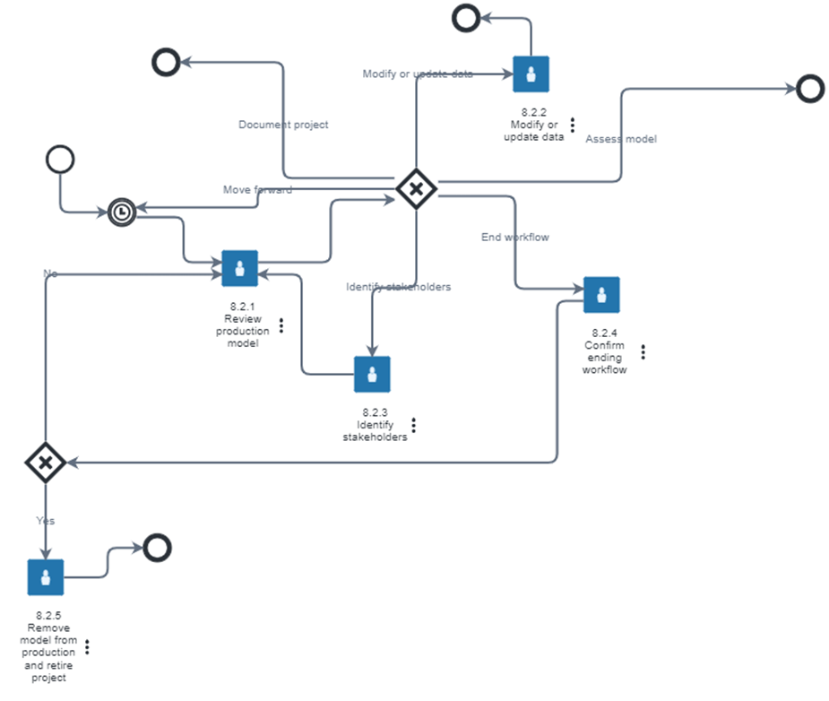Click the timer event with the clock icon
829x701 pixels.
(x=122, y=212)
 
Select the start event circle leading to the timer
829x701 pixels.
(x=59, y=160)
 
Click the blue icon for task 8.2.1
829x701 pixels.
(x=239, y=268)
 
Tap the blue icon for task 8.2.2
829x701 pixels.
(x=531, y=74)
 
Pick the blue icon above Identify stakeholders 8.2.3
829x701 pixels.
(x=372, y=374)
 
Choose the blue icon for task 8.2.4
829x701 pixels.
(x=601, y=294)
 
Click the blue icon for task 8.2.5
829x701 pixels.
(x=46, y=577)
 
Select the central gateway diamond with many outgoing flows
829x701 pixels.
(x=416, y=189)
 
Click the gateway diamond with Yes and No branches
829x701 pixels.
(x=45, y=463)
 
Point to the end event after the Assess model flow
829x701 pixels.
(x=809, y=88)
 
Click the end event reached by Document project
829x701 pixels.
(x=166, y=61)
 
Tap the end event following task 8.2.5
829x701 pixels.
(x=157, y=547)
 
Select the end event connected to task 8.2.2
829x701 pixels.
(x=465, y=17)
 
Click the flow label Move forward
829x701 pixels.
(x=257, y=189)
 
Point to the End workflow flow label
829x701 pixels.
(x=514, y=238)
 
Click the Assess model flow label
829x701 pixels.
(x=621, y=139)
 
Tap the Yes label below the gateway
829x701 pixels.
(x=46, y=520)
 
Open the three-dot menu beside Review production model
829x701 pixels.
(x=281, y=325)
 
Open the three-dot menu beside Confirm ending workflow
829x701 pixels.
(x=643, y=351)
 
